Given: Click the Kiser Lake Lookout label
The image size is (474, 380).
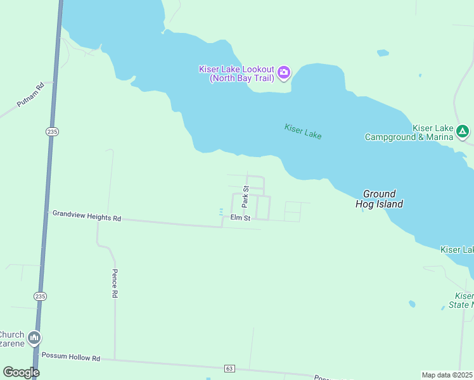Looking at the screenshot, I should coord(236,73).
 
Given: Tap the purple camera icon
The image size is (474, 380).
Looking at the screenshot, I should coord(284,73).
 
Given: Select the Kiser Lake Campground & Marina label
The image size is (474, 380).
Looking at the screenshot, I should coord(409,132).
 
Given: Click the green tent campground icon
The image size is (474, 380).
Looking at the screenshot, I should coord(463,132).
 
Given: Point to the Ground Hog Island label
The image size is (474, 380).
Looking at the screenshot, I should coord(380,199).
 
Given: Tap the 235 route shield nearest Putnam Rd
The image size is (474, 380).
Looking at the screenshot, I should coord(52,131).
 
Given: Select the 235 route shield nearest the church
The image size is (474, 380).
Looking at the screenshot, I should coord(40,296).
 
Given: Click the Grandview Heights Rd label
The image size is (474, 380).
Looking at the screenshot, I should coord(86,216).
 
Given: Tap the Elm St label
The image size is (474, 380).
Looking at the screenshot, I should coord(241,218).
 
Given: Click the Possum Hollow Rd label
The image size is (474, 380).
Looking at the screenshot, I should coord(71,357).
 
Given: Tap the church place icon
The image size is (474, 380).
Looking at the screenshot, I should coord(34,338).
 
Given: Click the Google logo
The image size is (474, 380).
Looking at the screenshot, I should coord(20,372).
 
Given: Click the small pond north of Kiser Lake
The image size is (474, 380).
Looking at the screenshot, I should coord(383,53).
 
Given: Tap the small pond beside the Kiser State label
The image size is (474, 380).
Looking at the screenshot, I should coord(412,304).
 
